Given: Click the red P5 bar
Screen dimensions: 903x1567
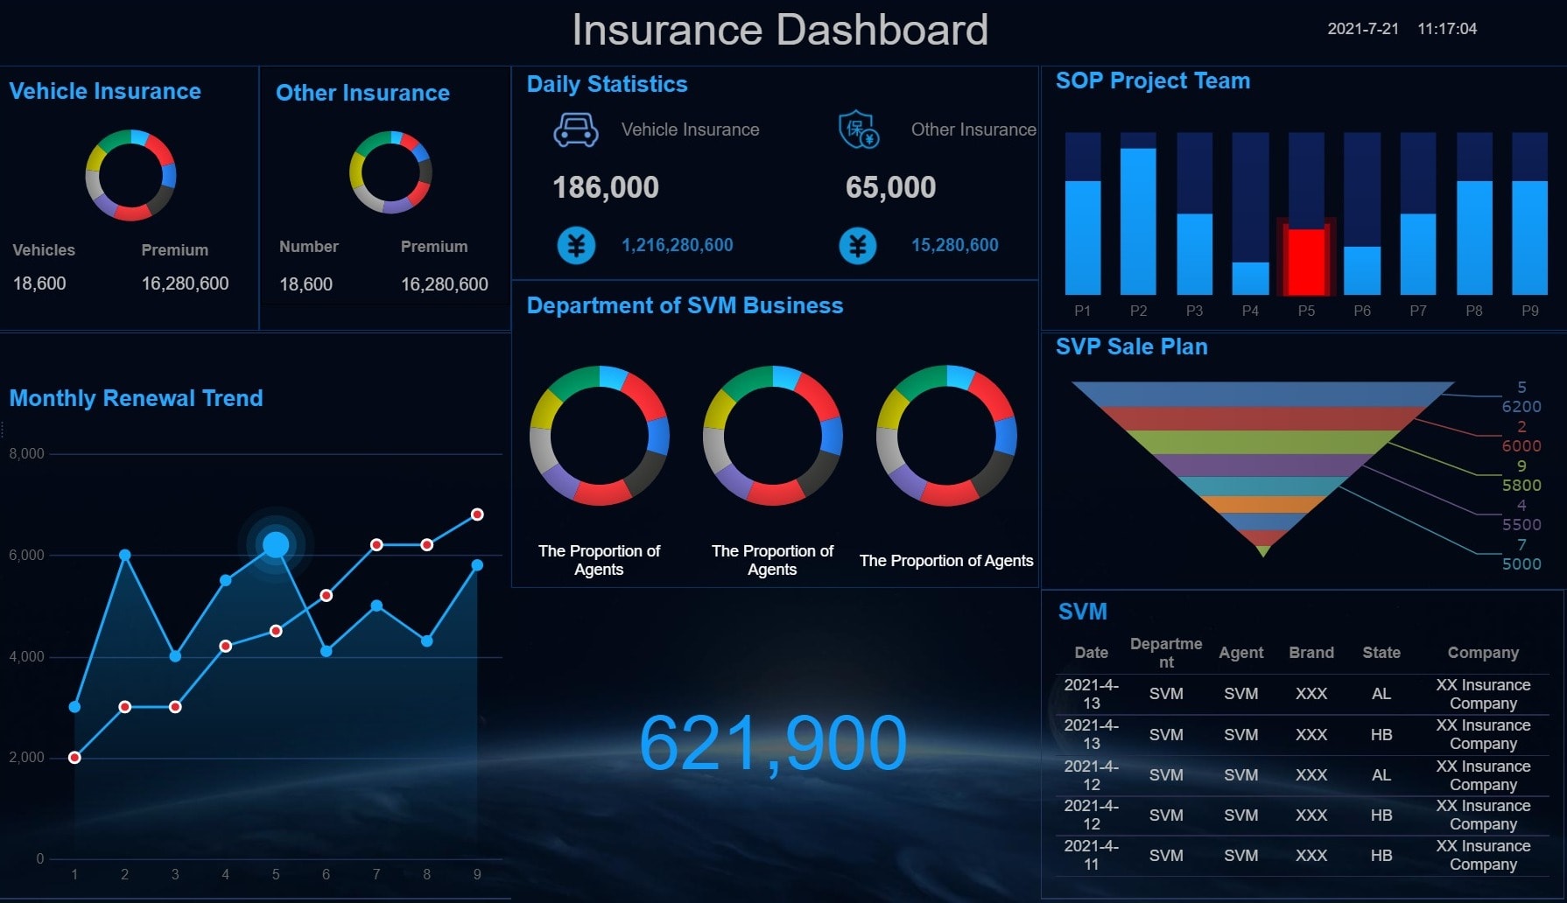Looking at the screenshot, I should [1306, 261].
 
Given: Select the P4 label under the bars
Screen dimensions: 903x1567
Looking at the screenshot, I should [1250, 311].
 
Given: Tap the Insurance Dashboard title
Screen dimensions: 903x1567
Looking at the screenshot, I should [780, 30].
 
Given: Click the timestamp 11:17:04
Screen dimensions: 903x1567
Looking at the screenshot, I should [1447, 29].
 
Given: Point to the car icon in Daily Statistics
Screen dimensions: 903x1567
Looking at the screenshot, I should [576, 130].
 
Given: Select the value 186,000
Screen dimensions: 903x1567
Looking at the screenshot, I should [606, 187].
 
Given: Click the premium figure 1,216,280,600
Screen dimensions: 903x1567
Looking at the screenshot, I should [677, 245].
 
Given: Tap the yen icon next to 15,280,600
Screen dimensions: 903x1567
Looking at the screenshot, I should [858, 246].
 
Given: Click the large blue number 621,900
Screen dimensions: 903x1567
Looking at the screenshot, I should [772, 744].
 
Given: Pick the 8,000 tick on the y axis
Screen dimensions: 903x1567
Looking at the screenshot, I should [26, 453].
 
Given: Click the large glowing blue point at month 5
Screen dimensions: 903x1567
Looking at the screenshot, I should [276, 545].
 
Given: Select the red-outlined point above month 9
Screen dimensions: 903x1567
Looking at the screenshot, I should [477, 514].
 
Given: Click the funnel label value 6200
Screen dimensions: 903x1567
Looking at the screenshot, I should [1521, 407].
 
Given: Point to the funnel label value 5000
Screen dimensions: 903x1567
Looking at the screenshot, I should [1521, 564].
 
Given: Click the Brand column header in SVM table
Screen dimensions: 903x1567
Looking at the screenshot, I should [1311, 653].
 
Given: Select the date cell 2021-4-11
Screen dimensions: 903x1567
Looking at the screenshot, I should [1091, 855].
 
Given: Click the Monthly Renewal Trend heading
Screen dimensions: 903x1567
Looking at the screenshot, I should [136, 398].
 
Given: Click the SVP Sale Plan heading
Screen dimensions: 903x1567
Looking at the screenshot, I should [1131, 346].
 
